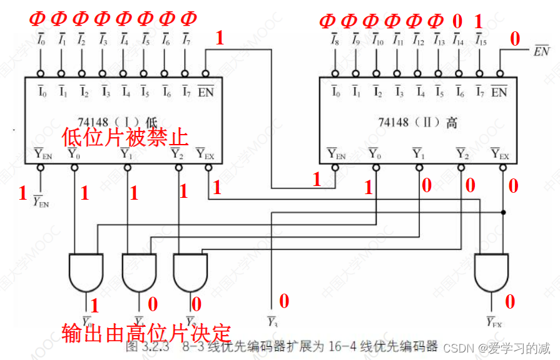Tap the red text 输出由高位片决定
pyautogui.click(x=146, y=332)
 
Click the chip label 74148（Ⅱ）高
pyautogui.click(x=417, y=122)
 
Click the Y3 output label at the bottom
pyautogui.click(x=272, y=322)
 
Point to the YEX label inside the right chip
pyautogui.click(x=499, y=152)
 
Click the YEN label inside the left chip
pyautogui.click(x=42, y=152)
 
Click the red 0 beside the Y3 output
pyautogui.click(x=284, y=302)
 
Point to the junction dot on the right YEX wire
pyautogui.click(x=504, y=213)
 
